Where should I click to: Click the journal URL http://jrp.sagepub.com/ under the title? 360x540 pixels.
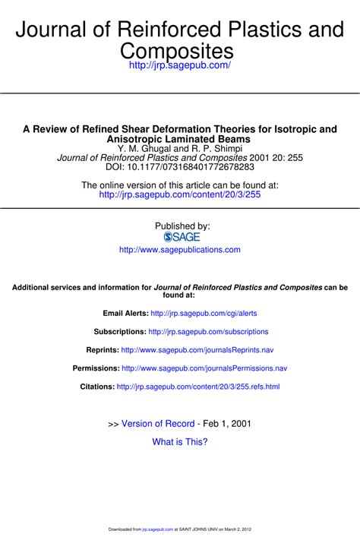pos(180,67)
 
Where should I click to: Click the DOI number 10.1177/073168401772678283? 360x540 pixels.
pos(194,166)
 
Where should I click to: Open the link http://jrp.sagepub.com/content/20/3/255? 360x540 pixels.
pos(180,195)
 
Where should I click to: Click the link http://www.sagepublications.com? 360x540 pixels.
pos(180,249)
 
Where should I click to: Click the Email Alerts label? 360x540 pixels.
pos(125,313)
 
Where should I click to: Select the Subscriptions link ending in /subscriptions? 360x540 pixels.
pos(208,332)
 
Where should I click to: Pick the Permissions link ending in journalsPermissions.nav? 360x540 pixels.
pos(204,368)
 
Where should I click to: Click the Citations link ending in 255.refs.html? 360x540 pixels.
pos(198,387)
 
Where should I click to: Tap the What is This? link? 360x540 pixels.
pos(180,442)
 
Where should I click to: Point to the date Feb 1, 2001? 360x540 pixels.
pos(227,424)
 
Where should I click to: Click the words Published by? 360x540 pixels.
pos(182,226)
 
